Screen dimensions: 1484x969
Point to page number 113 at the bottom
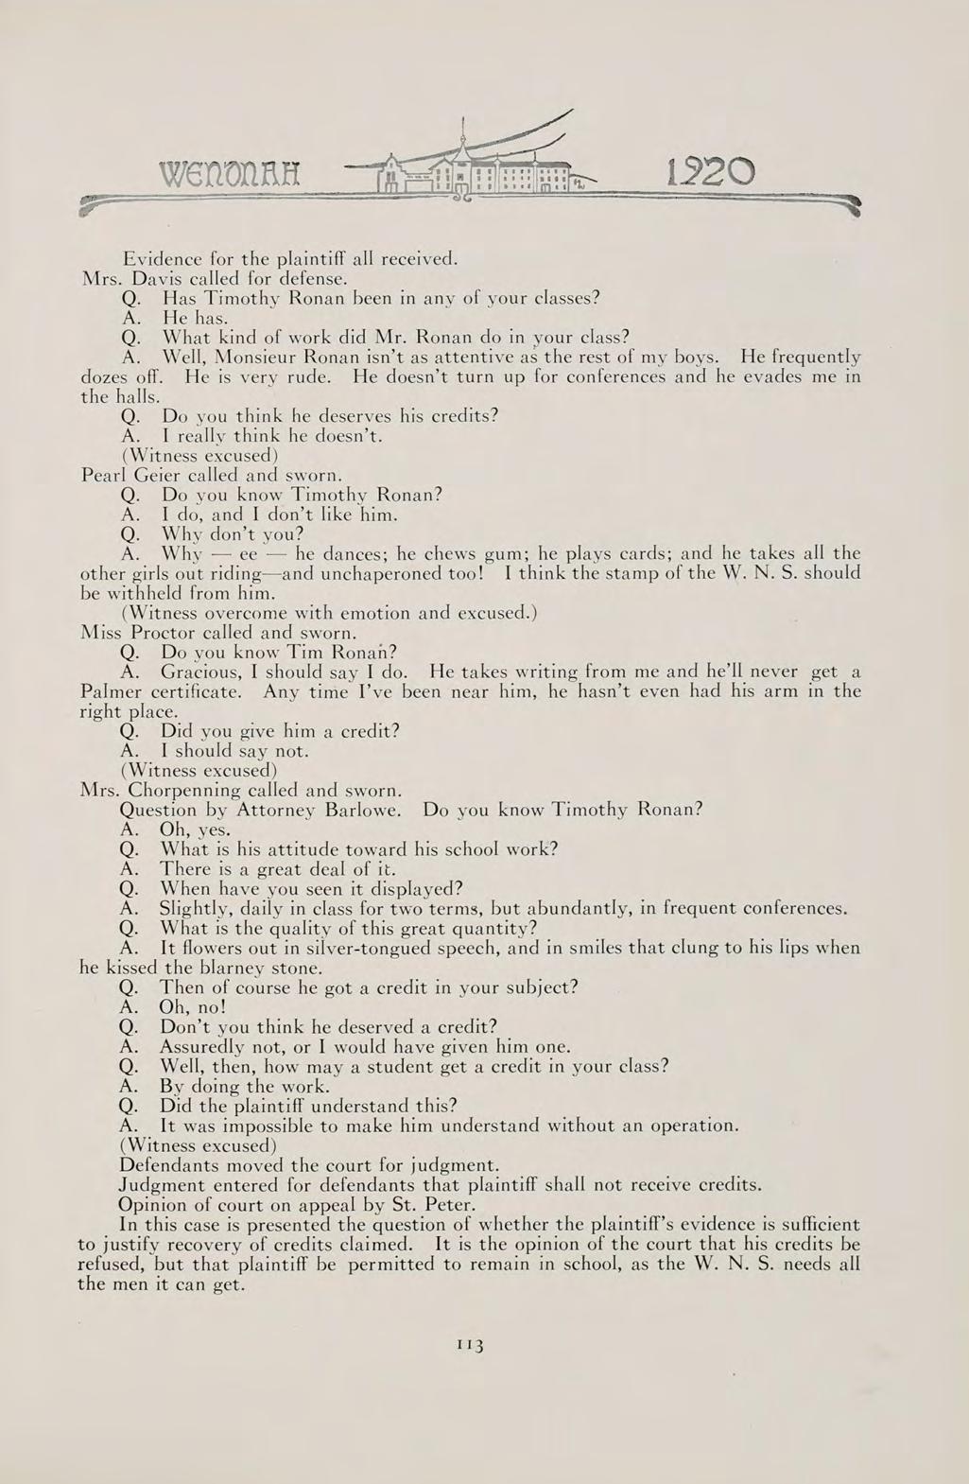pos(470,1345)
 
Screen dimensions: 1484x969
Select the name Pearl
pos(102,475)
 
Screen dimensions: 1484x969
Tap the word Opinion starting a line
pos(155,1204)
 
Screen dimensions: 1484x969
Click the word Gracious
pos(198,672)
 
